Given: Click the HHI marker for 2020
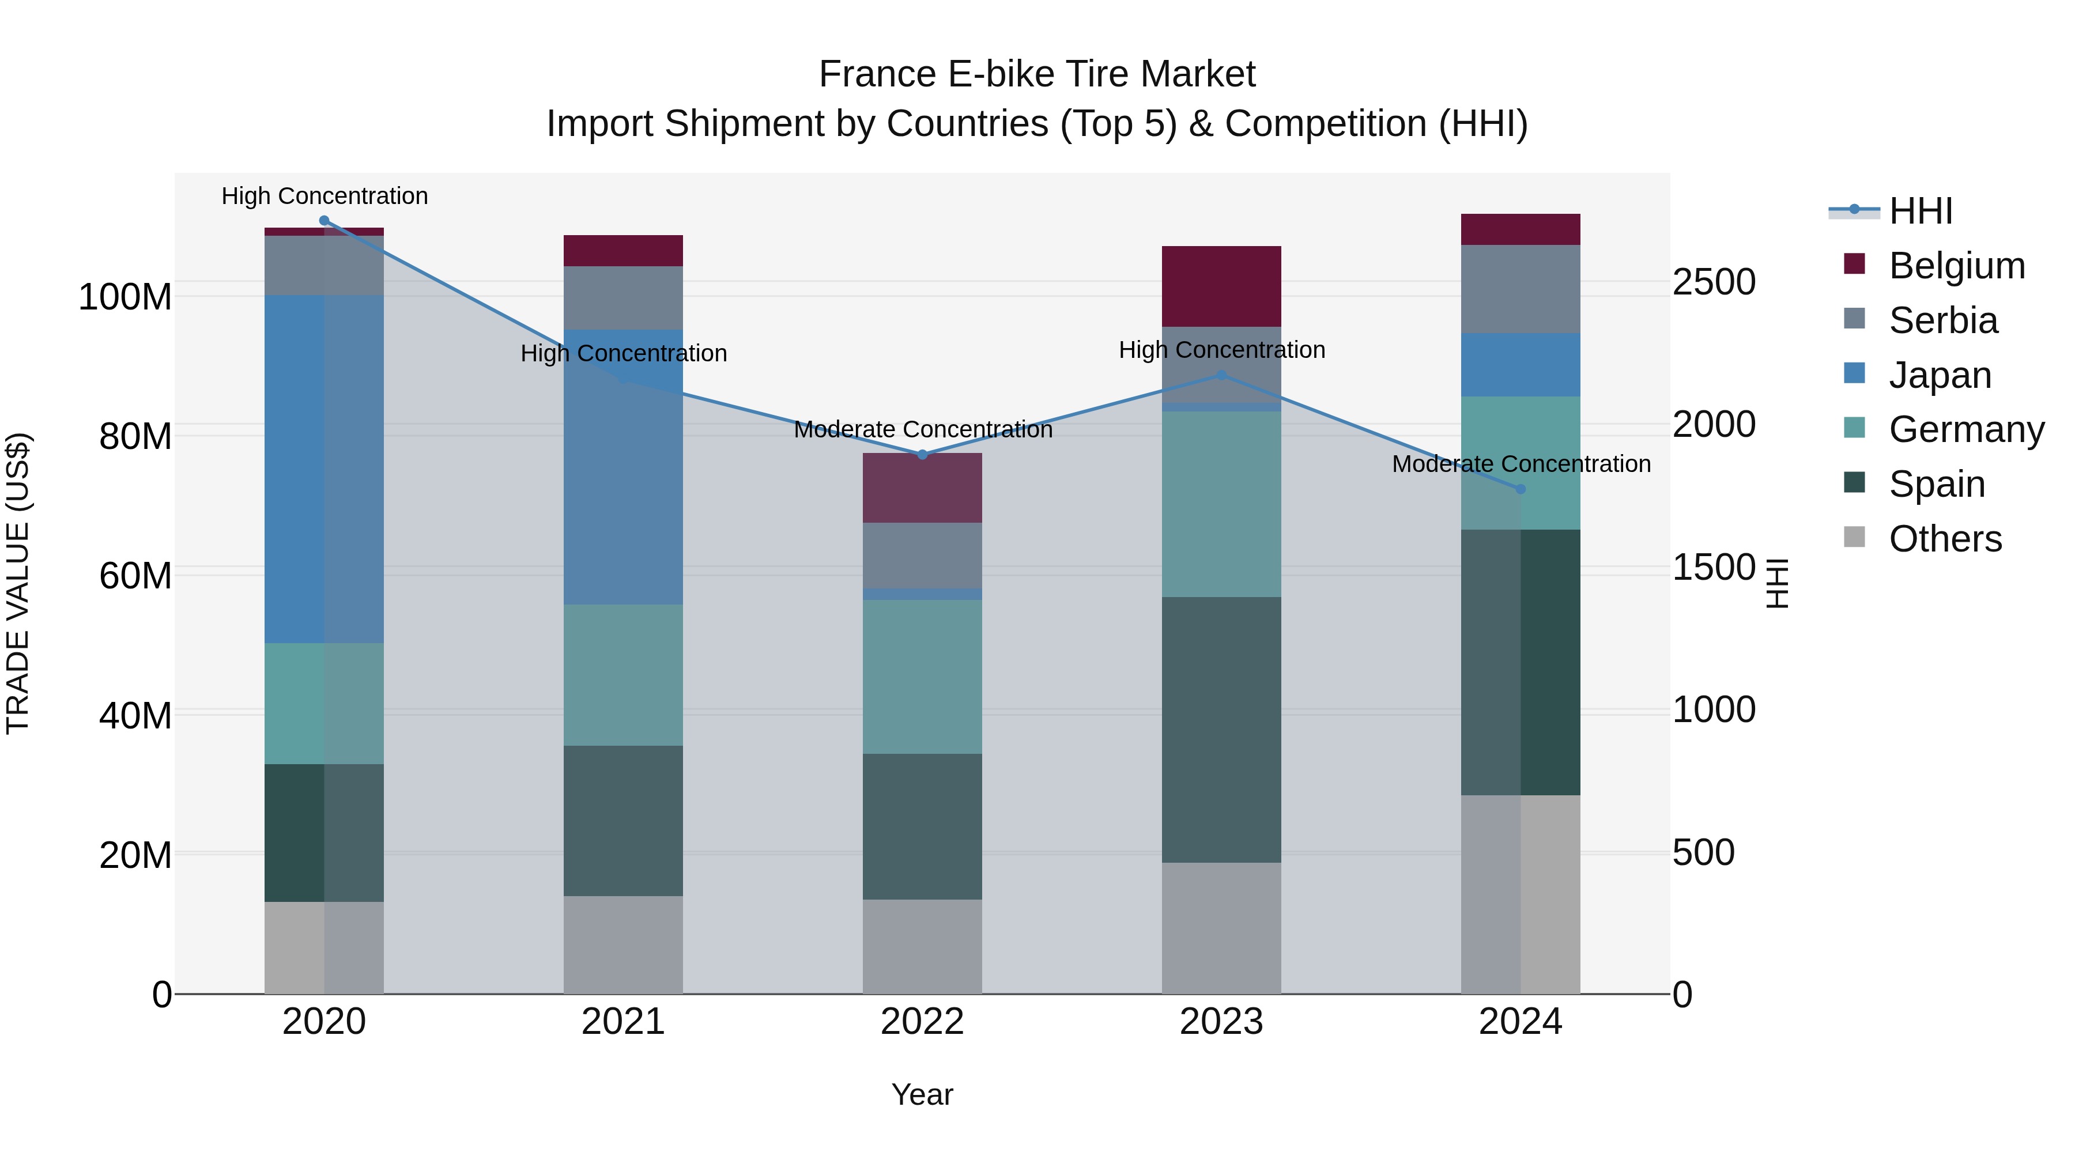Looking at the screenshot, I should [324, 221].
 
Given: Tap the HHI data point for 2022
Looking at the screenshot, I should [922, 455].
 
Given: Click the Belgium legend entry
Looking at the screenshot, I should [1957, 266].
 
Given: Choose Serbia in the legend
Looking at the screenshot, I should [1943, 320].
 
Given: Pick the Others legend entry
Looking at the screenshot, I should [1945, 539].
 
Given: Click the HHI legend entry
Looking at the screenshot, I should [1921, 211].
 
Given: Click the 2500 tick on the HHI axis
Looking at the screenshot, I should [1714, 283].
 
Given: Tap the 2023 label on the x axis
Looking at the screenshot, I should [1221, 1022].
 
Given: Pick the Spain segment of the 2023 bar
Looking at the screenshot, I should [1221, 729].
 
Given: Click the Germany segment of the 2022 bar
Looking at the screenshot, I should [922, 677].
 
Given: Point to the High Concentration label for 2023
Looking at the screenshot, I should [1222, 350].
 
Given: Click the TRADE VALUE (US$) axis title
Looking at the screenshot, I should [18, 583].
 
